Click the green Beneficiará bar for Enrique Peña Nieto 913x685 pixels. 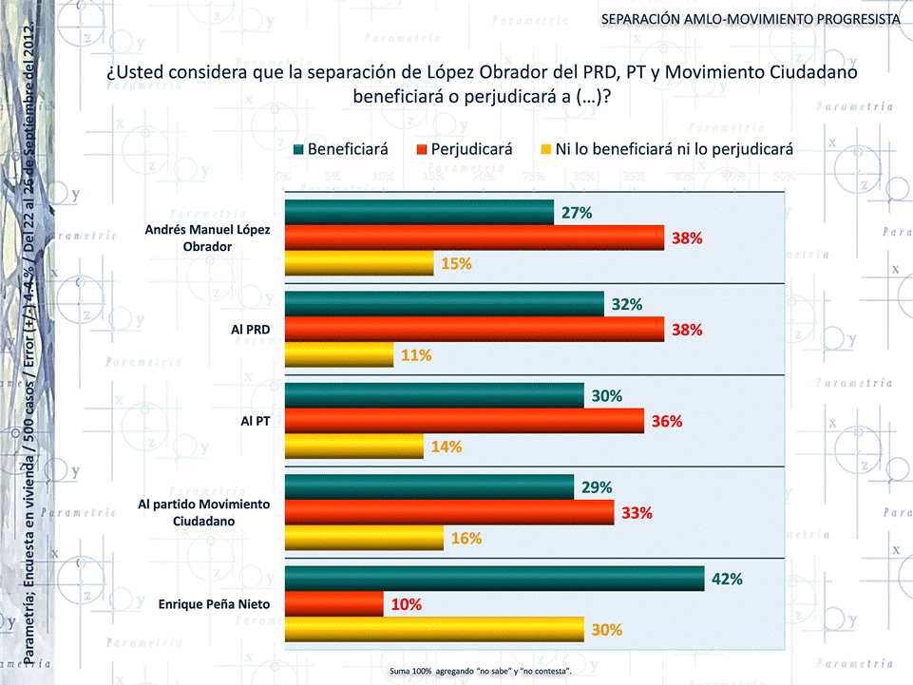coord(494,579)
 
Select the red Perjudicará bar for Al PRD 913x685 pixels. coord(474,330)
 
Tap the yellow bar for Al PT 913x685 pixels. coord(354,447)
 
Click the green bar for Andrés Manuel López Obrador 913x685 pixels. coord(419,213)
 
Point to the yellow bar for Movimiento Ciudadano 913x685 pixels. coord(364,538)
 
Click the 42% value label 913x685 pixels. coord(727,579)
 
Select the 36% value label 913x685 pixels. coord(666,421)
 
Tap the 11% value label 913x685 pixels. coord(416,355)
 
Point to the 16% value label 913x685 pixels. coord(466,538)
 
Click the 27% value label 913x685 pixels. coord(577,213)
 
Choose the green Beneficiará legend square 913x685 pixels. coord(299,149)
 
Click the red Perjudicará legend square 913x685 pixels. coord(422,149)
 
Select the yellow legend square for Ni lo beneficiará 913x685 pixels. coord(545,149)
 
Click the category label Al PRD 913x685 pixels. coord(251,330)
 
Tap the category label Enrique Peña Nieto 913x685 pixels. coord(215,604)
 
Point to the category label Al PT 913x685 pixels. coord(256,421)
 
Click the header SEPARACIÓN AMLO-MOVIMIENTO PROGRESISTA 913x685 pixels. coord(751,20)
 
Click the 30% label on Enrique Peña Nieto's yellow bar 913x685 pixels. coord(607,629)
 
